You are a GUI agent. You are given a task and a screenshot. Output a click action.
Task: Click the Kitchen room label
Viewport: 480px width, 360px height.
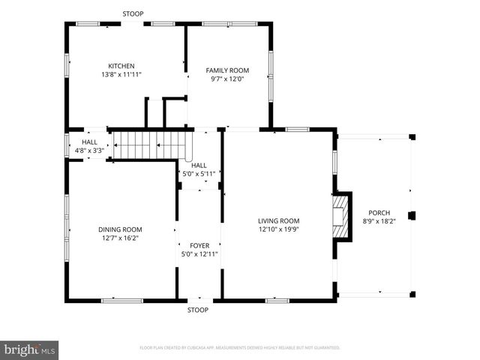[x=121, y=66]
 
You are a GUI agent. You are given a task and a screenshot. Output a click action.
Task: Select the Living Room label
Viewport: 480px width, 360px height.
[x=278, y=220]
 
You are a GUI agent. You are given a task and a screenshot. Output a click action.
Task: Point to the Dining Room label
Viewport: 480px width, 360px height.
[x=120, y=229]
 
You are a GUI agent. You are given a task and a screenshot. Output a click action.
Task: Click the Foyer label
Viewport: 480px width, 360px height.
[x=199, y=245]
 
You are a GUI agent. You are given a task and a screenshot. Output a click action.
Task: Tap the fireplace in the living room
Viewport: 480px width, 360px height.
[x=342, y=217]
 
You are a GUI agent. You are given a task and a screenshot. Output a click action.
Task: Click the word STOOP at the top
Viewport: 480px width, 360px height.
[x=133, y=13]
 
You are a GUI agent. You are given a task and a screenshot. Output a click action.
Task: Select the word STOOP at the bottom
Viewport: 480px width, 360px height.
[x=198, y=309]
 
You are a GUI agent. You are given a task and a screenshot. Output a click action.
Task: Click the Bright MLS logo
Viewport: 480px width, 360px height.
[x=30, y=349]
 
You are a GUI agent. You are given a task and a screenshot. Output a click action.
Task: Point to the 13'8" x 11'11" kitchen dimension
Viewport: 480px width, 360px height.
[x=121, y=75]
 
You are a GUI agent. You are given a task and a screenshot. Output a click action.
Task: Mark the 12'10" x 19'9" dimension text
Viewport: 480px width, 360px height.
[x=278, y=229]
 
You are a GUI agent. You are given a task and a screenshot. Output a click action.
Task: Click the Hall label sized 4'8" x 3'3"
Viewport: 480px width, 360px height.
[x=89, y=142]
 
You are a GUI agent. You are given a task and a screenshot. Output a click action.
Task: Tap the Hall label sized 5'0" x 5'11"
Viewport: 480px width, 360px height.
[x=199, y=165]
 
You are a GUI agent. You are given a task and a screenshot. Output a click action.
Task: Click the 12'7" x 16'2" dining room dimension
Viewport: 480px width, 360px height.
[x=120, y=238]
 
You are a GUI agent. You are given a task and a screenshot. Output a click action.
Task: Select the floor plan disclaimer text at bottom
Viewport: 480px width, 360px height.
[x=239, y=348]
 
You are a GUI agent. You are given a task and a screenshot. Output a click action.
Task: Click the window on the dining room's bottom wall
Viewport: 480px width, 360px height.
[x=121, y=301]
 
